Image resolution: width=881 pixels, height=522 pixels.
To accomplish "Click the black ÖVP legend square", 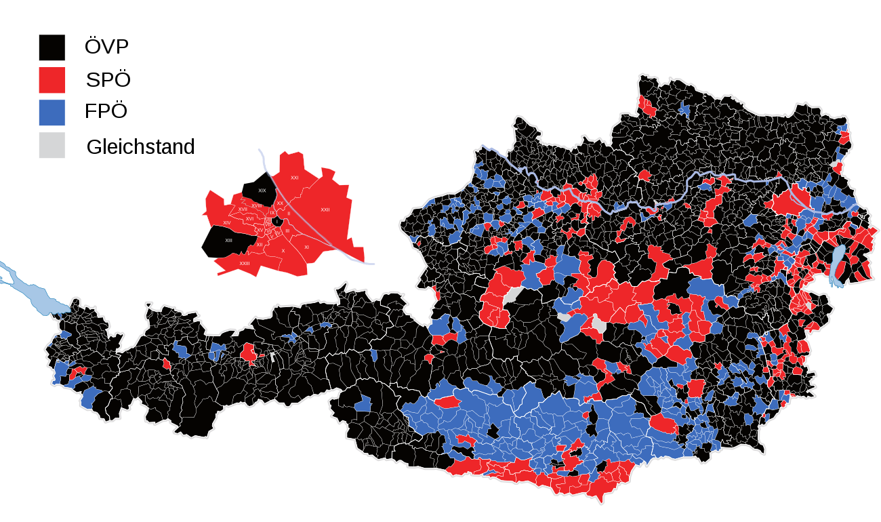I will coord(52,47).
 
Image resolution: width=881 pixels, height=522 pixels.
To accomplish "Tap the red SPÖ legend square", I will coord(52,80).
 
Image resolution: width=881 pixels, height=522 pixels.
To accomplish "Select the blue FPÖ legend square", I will coord(52,113).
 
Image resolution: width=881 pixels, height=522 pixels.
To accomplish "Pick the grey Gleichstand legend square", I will coord(52,146).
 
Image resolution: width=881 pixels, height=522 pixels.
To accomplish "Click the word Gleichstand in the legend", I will coord(140,146).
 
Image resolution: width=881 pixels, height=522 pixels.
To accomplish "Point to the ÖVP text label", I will coord(106,47).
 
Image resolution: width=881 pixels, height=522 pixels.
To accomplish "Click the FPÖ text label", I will coord(106,112).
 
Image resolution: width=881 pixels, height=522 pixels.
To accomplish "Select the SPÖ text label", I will coord(108,80).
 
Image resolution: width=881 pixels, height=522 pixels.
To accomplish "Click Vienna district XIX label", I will coord(262,190).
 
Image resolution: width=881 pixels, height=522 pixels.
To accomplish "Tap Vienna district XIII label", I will coord(229,240).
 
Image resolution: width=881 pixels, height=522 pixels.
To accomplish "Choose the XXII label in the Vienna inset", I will coord(325,209).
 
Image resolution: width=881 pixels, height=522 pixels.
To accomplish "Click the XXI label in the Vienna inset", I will coord(294,178).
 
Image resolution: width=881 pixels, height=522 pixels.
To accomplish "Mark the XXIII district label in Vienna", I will coord(245,263).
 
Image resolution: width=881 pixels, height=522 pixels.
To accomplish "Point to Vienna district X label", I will coord(283,250).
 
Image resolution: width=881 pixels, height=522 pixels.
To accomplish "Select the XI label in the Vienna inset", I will coord(306,247).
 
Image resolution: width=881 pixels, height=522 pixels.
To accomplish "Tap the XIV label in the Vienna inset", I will coord(227,222).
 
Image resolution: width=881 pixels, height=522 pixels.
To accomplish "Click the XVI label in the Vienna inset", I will coord(249,219).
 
